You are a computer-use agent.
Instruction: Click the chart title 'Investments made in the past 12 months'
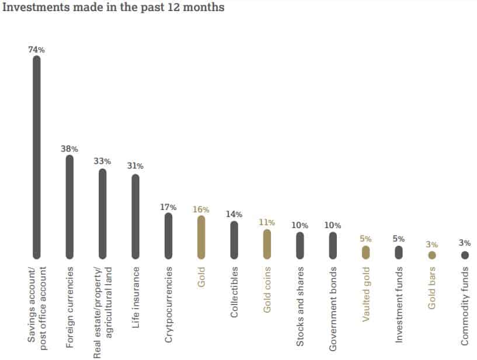point(113,8)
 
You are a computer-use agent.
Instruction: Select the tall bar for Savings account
point(36,158)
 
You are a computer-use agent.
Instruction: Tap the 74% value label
point(36,50)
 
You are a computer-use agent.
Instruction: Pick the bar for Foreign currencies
point(69,207)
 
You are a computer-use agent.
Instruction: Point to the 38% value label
point(69,148)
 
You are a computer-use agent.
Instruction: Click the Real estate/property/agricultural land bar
point(103,214)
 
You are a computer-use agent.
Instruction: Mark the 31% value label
point(135,166)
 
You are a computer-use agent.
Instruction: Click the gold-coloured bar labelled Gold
point(201,237)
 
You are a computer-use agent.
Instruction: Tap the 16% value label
point(201,209)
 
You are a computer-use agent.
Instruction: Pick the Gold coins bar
point(267,243)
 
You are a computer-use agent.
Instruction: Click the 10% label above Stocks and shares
point(300,225)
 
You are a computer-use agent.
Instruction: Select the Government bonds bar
point(333,245)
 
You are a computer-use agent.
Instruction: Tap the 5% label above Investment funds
point(399,239)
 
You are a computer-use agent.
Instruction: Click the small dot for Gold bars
point(431,255)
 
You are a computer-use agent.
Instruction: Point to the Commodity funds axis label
point(465,306)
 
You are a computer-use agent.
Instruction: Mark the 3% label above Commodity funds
point(465,243)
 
